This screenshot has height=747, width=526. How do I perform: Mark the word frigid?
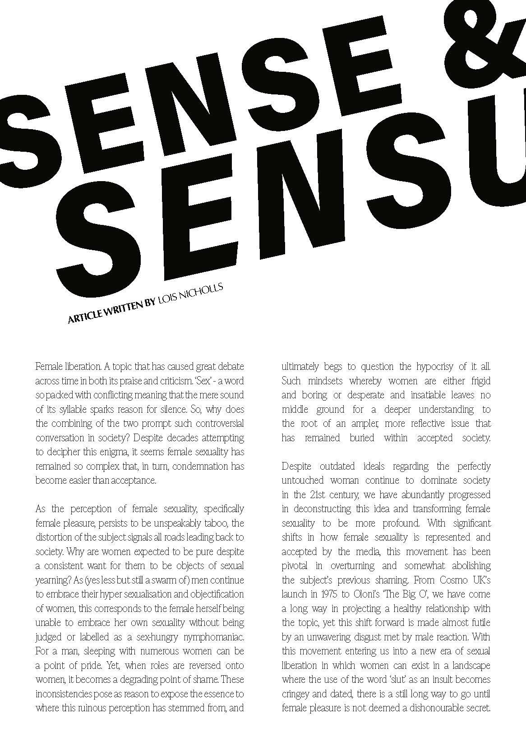(x=476, y=381)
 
